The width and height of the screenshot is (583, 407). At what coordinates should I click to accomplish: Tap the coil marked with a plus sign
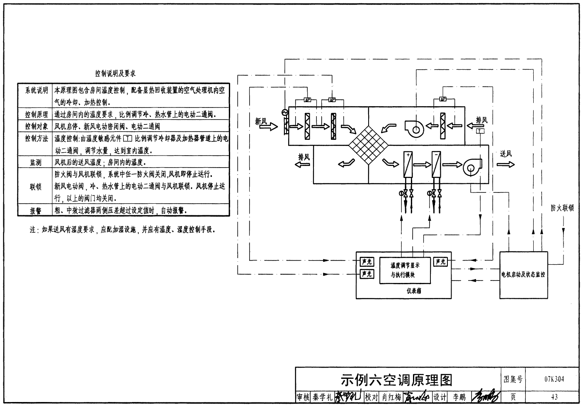click(x=408, y=165)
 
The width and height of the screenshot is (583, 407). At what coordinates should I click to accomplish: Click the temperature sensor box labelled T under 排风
click(x=480, y=131)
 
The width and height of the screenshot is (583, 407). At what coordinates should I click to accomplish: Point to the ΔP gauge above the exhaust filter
click(x=442, y=99)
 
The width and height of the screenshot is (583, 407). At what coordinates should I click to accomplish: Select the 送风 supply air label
click(x=505, y=154)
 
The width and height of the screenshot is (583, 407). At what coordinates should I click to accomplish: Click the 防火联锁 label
click(x=562, y=208)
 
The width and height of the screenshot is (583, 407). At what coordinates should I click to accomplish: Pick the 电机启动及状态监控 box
click(x=523, y=274)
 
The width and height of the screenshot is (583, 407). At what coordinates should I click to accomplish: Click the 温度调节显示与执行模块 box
click(x=405, y=270)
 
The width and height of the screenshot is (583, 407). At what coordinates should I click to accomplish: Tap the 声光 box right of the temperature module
click(x=440, y=262)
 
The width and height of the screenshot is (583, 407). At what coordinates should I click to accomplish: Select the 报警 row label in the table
click(x=36, y=211)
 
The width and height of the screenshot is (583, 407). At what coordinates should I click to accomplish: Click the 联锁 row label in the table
click(x=36, y=187)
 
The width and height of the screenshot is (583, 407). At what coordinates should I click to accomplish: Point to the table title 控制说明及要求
click(x=115, y=73)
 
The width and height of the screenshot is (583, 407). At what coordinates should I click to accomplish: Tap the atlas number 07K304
click(x=554, y=379)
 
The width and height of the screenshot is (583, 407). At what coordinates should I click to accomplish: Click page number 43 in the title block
click(x=554, y=397)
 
